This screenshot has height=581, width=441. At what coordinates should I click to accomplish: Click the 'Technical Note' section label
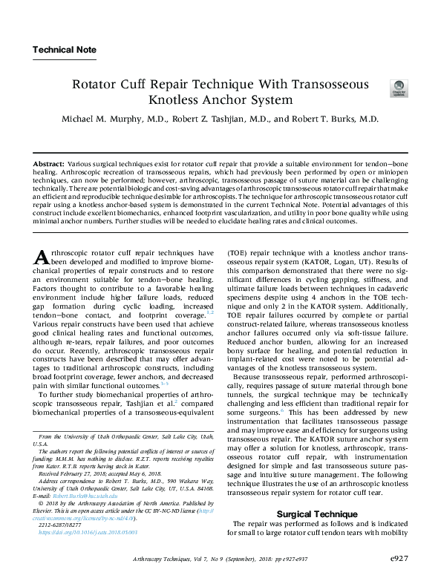point(64,50)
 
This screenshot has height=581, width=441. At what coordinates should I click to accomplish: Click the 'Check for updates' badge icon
point(398,90)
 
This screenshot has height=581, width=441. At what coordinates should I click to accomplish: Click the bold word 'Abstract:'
point(50,162)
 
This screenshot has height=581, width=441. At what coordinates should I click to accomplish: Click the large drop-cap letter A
point(42,259)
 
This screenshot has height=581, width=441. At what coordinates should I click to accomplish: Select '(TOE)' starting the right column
point(239,253)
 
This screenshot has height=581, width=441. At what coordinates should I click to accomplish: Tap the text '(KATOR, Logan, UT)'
point(321,263)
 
